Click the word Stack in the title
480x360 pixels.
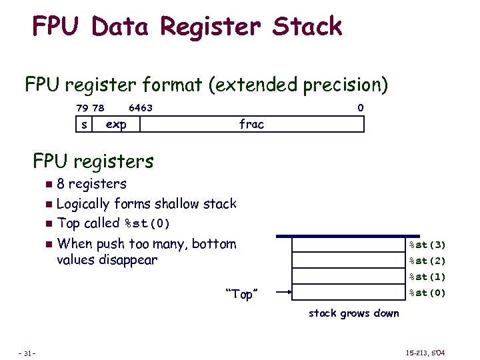point(307,27)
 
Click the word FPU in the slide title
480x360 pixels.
point(56,27)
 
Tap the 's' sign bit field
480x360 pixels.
point(83,125)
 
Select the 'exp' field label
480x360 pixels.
point(116,125)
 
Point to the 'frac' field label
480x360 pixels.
point(251,125)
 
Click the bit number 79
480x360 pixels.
point(82,108)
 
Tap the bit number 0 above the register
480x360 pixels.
point(360,108)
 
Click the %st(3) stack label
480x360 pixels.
point(427,245)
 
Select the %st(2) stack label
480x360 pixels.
point(427,261)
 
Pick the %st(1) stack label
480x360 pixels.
point(427,277)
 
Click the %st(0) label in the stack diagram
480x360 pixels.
point(427,293)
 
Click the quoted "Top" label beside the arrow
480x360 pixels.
point(242,294)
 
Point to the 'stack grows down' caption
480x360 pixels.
point(353,313)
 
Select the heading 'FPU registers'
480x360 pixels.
point(93,161)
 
